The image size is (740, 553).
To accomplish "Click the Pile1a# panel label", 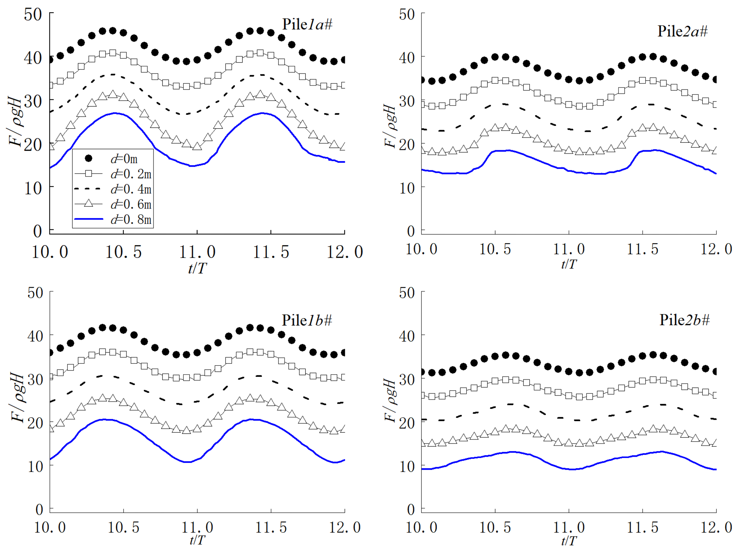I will coord(307,25).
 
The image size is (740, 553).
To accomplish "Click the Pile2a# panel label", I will coord(683,31).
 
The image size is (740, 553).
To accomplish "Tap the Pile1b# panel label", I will coord(307,320).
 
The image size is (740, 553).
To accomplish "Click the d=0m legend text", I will coord(124,159).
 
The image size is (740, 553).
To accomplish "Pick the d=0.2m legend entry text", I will coord(131,174).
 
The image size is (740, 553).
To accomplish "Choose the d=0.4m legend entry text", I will coord(131,189).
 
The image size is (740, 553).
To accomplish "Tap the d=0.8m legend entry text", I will coord(131,219).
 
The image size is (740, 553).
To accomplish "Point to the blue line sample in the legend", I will coord(89,219).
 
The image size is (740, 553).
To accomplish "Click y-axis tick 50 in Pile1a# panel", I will coord(33,15).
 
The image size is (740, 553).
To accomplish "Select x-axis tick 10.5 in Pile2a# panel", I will coord(495,249).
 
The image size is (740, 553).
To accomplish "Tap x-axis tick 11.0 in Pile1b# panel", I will coord(197,528).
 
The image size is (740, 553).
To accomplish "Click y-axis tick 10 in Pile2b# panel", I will coord(407,466).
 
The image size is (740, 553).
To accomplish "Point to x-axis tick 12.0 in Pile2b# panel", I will coord(716,528).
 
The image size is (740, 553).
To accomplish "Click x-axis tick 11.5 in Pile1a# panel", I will coord(271,252).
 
